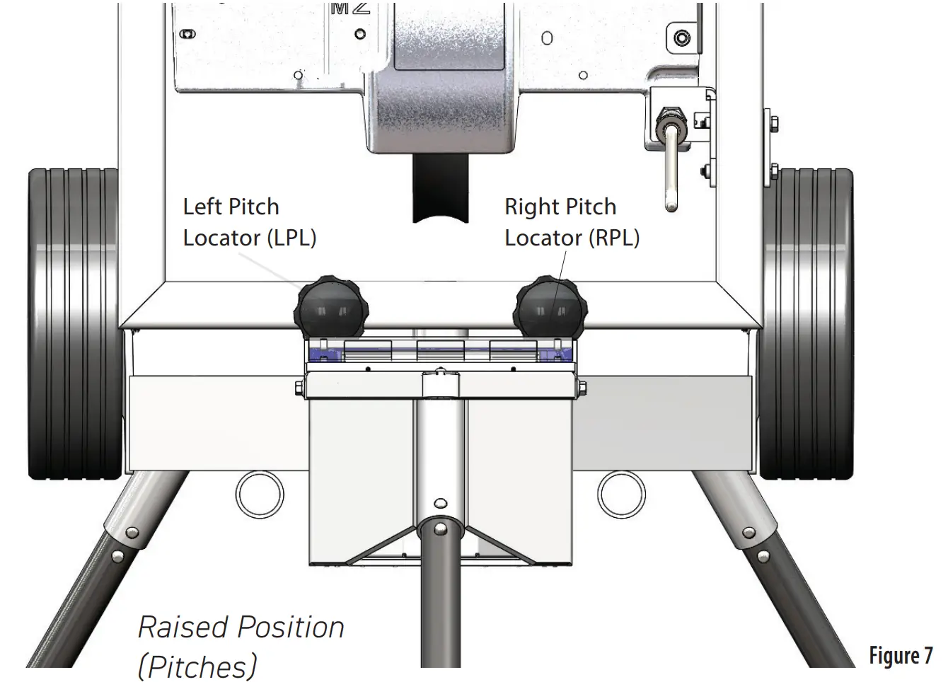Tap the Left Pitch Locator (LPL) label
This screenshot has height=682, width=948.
coord(249,222)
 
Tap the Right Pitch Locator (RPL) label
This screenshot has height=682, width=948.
coord(572,222)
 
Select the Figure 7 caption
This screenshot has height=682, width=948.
coord(901,656)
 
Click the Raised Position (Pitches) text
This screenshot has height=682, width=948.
coord(241,646)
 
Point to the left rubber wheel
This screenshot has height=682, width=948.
coord(74,324)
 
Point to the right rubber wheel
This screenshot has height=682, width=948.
coord(807,324)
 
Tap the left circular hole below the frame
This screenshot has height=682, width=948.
coord(260,493)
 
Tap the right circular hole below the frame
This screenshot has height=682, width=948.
coord(621,493)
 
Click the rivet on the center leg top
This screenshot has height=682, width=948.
coord(440,528)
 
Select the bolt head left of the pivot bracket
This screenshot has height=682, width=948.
coord(299,386)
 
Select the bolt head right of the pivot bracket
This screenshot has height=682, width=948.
coord(582,386)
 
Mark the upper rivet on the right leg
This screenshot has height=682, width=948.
coord(748,532)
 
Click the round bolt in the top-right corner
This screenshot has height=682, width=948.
coord(682,37)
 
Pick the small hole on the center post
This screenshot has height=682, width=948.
coord(440,504)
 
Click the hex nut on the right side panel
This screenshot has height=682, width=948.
coord(774,125)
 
